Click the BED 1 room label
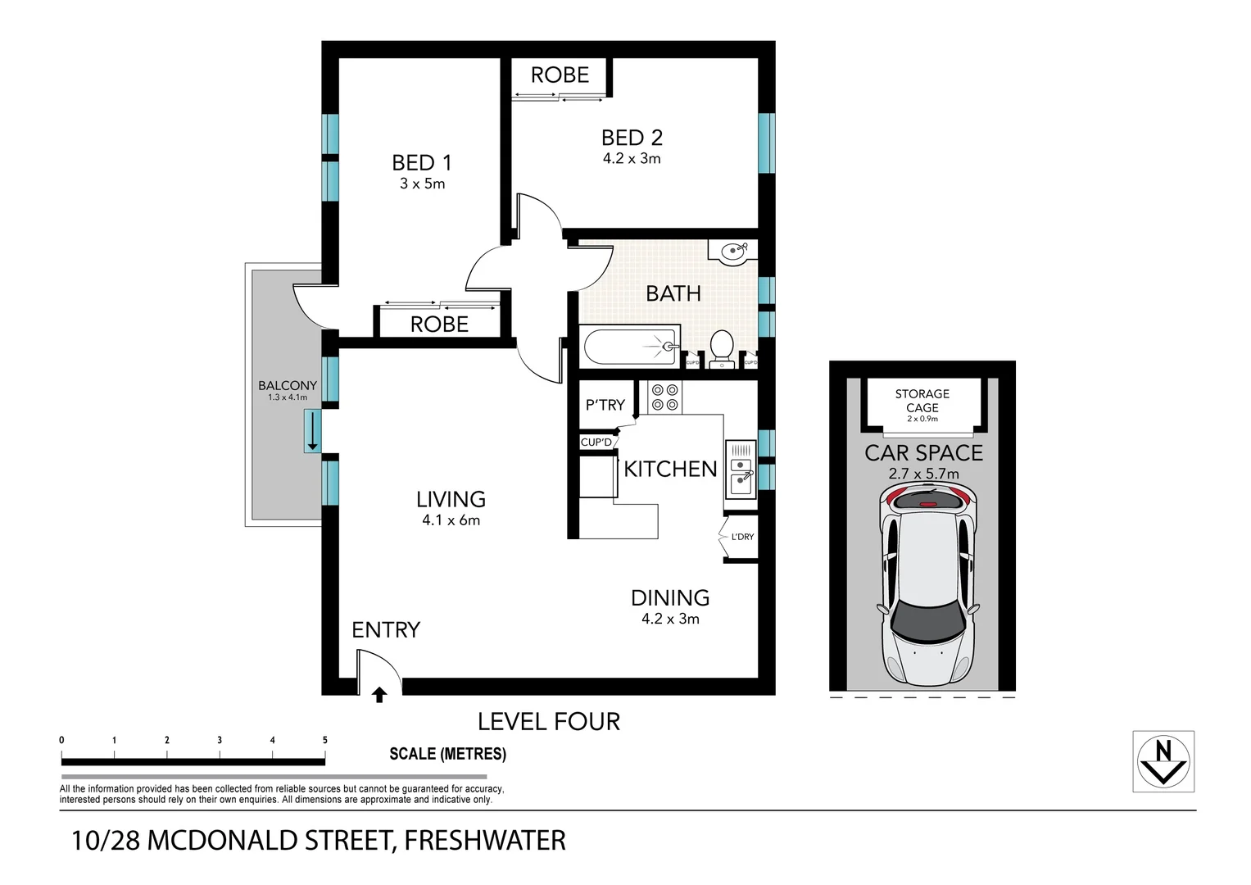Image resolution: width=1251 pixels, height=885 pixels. [421, 162]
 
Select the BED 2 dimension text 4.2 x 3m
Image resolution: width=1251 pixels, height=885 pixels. [632, 159]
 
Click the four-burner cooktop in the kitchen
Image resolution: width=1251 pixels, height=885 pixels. [664, 397]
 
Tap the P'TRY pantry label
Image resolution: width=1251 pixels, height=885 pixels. [605, 405]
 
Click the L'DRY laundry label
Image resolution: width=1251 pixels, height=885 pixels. [742, 537]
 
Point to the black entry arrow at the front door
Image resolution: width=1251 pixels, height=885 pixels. [378, 695]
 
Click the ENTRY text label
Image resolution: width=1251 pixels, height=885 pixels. [386, 629]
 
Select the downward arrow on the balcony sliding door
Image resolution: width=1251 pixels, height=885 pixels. [312, 431]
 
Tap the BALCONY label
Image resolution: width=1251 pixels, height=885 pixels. [288, 385]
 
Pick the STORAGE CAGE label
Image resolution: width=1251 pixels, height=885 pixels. [922, 401]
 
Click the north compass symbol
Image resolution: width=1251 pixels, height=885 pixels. [1163, 760]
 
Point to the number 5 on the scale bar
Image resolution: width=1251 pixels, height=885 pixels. [324, 740]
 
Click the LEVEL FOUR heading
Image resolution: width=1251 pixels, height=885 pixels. [549, 721]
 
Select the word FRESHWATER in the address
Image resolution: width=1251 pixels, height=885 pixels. [485, 841]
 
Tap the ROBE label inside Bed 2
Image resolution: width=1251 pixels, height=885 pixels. [560, 75]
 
